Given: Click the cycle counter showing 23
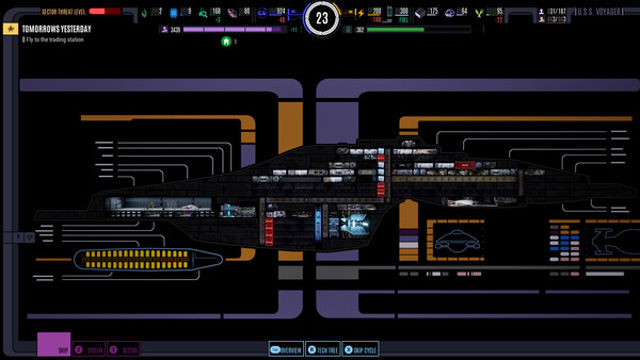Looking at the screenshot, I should [321, 17].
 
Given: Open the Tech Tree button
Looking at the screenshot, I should [321, 350].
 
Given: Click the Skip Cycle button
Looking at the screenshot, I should [360, 350].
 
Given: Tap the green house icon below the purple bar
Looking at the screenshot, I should [227, 43].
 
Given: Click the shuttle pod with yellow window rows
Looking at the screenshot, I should [145, 258].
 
